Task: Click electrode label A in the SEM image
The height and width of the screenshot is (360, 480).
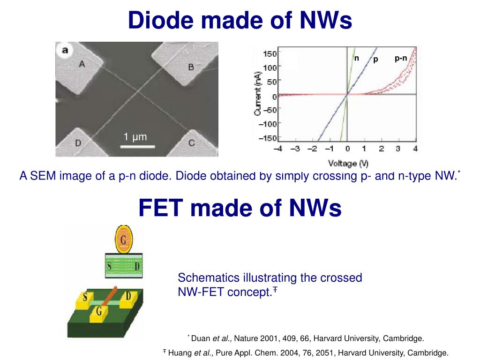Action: [x=82, y=64]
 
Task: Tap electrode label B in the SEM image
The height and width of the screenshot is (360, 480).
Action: [x=191, y=67]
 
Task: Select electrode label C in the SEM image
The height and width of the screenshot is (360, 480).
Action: [x=192, y=143]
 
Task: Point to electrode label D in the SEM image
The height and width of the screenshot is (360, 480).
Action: [x=78, y=143]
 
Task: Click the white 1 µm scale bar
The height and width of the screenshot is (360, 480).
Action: [x=138, y=147]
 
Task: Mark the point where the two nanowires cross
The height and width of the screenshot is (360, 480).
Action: [x=138, y=91]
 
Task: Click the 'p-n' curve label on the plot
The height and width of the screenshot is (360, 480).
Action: [x=401, y=58]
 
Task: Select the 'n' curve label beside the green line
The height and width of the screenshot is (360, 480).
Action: [x=356, y=58]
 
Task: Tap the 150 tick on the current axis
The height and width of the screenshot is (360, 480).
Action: [x=270, y=53]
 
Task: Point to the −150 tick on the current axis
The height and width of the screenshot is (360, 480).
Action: [x=268, y=138]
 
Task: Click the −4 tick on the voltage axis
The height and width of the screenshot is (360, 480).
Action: [x=278, y=149]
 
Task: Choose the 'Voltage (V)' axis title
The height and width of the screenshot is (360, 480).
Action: [x=348, y=163]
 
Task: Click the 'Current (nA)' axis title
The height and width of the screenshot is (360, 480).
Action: [x=258, y=94]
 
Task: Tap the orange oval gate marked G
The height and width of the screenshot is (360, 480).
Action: [x=124, y=240]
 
